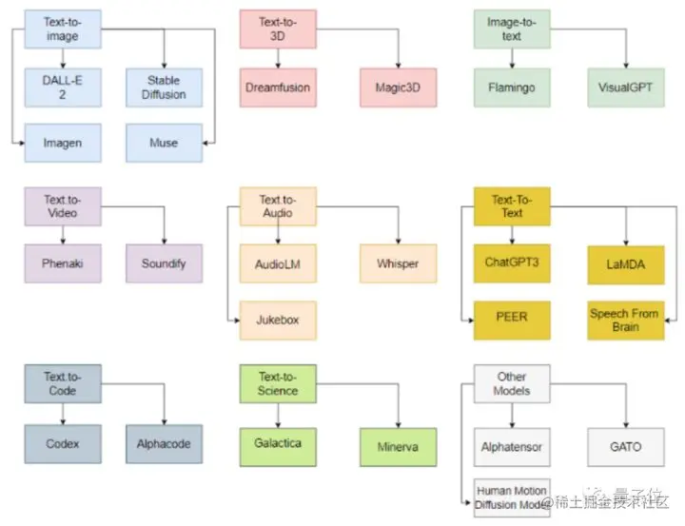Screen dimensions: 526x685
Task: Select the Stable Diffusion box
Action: [x=165, y=88]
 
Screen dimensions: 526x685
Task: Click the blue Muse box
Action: [x=165, y=143]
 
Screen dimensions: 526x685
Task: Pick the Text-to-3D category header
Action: [x=277, y=29]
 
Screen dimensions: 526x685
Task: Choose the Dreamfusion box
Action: [x=277, y=88]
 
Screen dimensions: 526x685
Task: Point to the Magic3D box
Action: [x=398, y=88]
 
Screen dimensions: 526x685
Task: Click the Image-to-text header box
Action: [x=512, y=29]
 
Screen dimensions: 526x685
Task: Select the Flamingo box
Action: [x=512, y=88]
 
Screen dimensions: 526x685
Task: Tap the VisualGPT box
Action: [x=625, y=88]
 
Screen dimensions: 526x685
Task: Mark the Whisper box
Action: [x=398, y=263]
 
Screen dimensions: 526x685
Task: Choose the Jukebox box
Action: [x=277, y=320]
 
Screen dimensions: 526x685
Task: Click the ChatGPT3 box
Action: [x=512, y=263]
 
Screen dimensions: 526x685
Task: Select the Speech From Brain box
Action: [x=625, y=320]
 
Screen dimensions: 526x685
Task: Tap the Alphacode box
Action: [x=165, y=443]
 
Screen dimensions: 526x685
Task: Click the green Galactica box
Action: [x=277, y=443]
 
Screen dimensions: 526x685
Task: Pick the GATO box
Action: [x=625, y=446]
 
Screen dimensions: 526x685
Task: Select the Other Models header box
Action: [x=512, y=383]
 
